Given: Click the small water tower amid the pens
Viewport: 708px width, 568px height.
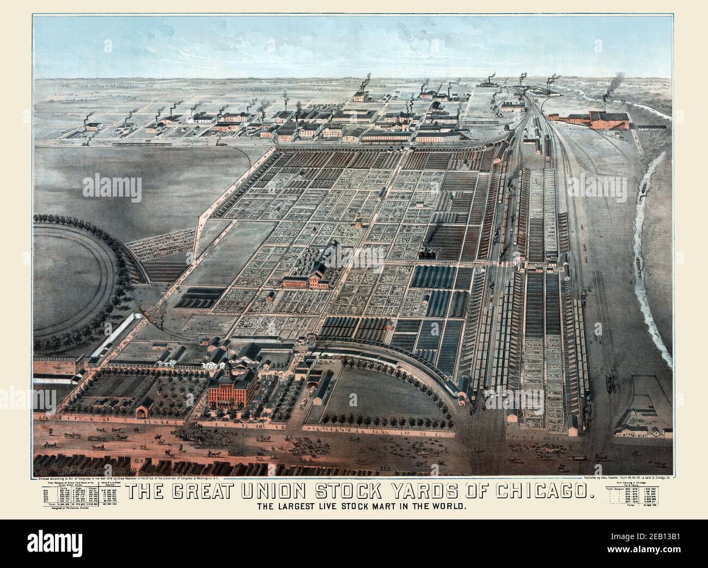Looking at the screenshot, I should [359, 218].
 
